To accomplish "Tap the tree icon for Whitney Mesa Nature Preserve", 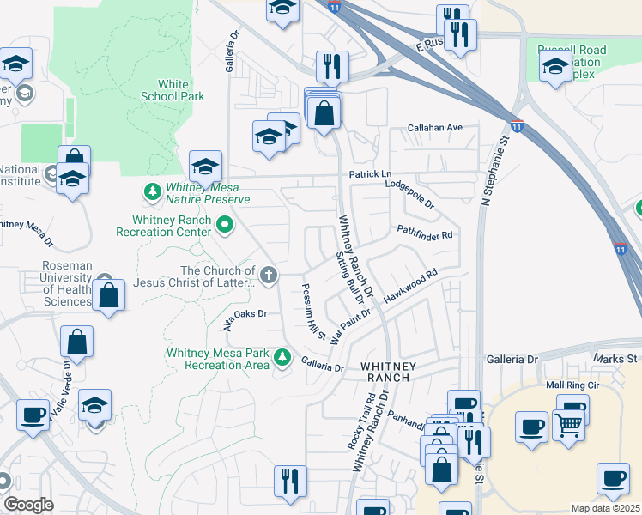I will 152,191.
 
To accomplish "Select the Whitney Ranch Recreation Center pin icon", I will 226,226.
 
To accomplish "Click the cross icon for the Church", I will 269,276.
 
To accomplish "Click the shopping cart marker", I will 568,422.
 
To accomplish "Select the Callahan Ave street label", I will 435,128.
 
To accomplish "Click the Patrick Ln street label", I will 370,174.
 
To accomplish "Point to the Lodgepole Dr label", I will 411,195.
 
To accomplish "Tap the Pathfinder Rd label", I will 424,232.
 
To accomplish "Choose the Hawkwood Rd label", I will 411,284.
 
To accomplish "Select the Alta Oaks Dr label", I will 246,318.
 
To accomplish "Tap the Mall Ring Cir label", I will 571,385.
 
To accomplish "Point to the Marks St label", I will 615,358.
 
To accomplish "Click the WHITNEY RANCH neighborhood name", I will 389,371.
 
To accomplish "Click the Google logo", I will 28,505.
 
